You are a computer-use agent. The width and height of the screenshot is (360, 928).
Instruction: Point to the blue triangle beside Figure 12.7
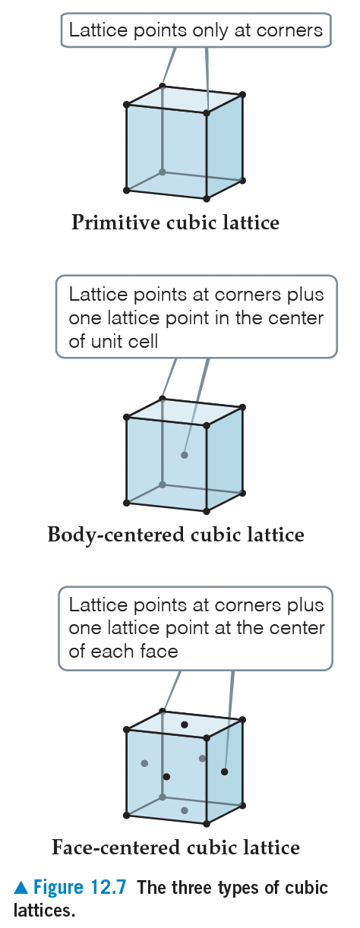pos(21,888)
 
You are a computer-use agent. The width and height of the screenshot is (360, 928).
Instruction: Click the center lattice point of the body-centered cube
pos(185,455)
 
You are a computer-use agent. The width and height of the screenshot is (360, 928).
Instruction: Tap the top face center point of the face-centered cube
pos(185,724)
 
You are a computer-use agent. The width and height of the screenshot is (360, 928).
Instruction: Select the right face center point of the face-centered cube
pos(225,772)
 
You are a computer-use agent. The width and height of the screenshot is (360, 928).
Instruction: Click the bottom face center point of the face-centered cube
pos(185,810)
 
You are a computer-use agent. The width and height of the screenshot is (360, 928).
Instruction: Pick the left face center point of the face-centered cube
pos(144,763)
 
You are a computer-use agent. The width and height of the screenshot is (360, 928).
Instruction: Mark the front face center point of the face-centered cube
pos(166,777)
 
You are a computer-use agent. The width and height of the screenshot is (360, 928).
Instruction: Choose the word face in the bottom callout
pos(159,652)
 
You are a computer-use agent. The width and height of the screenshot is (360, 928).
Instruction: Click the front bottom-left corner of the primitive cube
pos(127,190)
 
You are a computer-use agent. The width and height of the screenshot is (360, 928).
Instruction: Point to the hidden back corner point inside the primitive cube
pos(163,172)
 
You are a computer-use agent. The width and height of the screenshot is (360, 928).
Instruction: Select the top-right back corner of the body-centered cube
pos(243,407)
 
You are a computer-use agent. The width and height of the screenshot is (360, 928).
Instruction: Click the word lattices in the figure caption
pos(44,911)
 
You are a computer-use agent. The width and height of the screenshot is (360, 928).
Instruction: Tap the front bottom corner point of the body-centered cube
pos(207,511)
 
